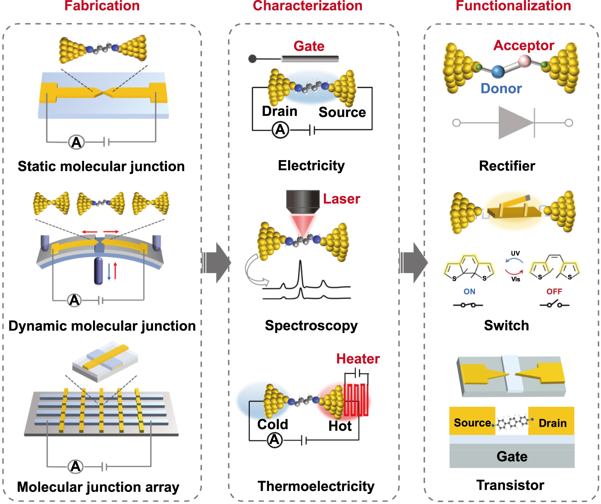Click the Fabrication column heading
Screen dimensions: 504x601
102,6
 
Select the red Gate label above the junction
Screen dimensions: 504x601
309,46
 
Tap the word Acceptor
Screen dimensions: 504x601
524,45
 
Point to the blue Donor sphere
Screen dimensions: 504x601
498,71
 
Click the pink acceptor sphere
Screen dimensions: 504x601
524,60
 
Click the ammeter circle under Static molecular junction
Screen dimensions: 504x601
76,142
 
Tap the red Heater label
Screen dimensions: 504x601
358,359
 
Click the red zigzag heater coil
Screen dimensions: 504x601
356,400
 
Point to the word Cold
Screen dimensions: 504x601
273,424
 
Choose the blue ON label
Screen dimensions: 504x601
469,291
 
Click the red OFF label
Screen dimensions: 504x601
554,291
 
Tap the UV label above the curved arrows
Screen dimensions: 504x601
515,253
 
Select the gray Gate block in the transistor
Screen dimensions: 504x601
512,456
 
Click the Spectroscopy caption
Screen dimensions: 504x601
311,325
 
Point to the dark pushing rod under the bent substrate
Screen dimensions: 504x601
98,271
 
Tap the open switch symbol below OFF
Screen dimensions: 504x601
554,304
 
